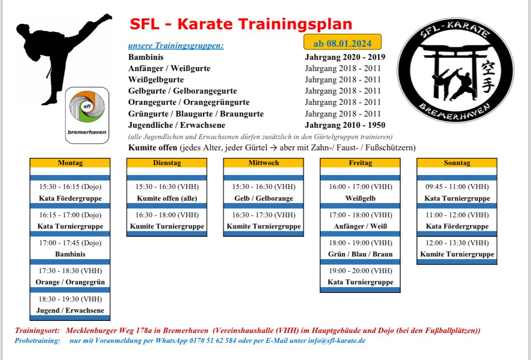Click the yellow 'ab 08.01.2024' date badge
[x=342, y=42]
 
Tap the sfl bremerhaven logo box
[x=87, y=115]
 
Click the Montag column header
[x=70, y=163]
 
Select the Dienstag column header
[x=167, y=163]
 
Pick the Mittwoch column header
[x=263, y=163]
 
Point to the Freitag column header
[x=360, y=163]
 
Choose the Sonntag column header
[x=457, y=163]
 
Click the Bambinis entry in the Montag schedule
[x=70, y=254]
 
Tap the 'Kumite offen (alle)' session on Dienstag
[x=167, y=198]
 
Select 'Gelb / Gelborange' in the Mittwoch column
[x=264, y=198]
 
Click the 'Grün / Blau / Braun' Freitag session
[x=360, y=254]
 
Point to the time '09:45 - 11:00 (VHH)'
[x=457, y=187]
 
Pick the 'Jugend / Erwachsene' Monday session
[x=70, y=310]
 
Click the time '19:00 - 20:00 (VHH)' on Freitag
[x=361, y=271]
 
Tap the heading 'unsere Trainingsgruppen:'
[x=176, y=46]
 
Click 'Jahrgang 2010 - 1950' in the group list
[x=345, y=125]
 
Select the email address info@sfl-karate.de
[x=336, y=341]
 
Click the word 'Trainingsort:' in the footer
[x=37, y=331]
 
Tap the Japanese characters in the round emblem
[x=488, y=77]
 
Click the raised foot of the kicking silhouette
[x=106, y=17]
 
